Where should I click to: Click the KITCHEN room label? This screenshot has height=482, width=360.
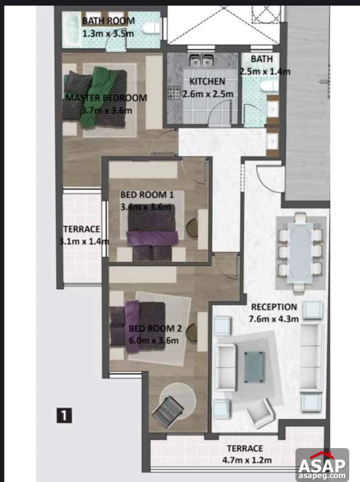(x=207, y=82)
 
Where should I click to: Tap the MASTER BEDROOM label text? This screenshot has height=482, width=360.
(x=106, y=98)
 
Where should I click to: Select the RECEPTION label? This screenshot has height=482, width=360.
(x=274, y=307)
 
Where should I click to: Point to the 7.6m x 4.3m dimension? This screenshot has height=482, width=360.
(x=274, y=318)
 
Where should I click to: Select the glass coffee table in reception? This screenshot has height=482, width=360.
(x=255, y=366)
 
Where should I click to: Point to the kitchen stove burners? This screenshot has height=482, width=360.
(x=175, y=93)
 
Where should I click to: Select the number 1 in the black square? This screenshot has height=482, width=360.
(x=63, y=415)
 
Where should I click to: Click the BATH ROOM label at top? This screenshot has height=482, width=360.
(x=108, y=21)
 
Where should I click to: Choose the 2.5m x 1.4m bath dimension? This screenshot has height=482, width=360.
(x=265, y=71)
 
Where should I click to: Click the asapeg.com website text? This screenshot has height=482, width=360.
(x=322, y=476)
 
